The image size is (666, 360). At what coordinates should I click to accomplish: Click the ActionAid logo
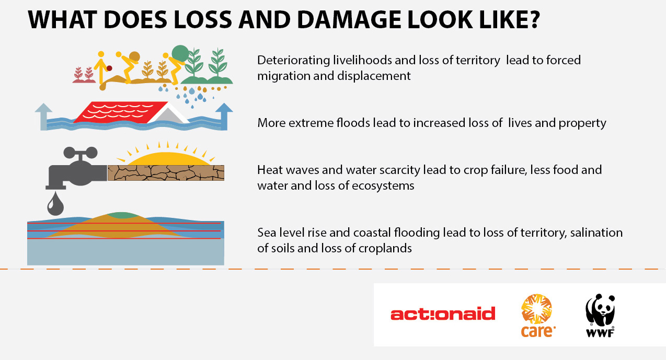pyautogui.click(x=443, y=314)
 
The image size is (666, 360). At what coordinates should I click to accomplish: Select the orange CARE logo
pyautogui.click(x=537, y=316)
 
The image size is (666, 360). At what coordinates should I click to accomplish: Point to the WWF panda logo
pyautogui.click(x=600, y=316)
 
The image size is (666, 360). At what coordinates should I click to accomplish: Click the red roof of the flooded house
pyautogui.click(x=119, y=112)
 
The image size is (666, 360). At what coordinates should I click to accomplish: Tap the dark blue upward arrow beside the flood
pyautogui.click(x=224, y=116)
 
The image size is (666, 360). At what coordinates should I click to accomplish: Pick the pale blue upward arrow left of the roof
pyautogui.click(x=44, y=117)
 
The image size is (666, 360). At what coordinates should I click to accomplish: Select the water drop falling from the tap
pyautogui.click(x=55, y=204)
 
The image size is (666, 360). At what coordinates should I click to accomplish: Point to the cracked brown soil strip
pyautogui.click(x=166, y=173)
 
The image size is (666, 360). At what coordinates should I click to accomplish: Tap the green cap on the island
pyautogui.click(x=122, y=215)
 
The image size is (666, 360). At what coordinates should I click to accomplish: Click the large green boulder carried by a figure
pyautogui.click(x=180, y=54)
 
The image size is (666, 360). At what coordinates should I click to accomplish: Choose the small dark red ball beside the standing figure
pyautogui.click(x=109, y=68)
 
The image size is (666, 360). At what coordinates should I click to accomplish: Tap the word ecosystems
pyautogui.click(x=383, y=186)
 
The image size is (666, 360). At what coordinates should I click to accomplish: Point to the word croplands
pyautogui.click(x=385, y=249)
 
